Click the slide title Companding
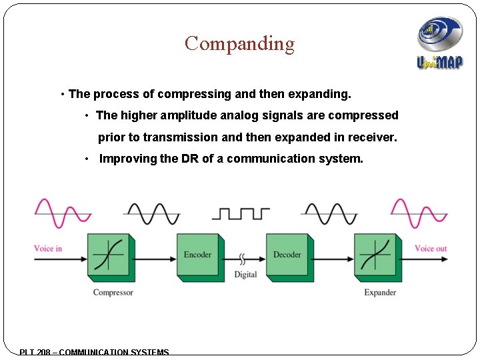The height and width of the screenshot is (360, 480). click(x=239, y=44)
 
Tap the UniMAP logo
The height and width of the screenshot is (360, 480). click(x=439, y=43)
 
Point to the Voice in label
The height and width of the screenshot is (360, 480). click(x=48, y=249)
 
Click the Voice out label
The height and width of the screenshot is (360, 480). click(x=431, y=249)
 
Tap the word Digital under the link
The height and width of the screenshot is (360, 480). click(x=245, y=275)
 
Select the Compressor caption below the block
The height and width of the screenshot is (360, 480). click(x=113, y=293)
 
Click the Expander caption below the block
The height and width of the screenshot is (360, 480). click(x=380, y=293)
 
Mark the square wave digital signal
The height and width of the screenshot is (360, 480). click(x=241, y=213)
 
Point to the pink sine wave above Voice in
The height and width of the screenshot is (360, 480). click(x=63, y=213)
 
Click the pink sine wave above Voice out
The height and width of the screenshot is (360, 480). click(x=419, y=213)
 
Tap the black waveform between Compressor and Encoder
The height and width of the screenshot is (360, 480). click(x=152, y=213)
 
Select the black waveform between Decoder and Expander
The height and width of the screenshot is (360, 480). click(x=329, y=213)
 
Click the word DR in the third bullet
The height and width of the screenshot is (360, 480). click(x=189, y=159)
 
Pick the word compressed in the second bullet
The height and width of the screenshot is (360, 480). click(x=365, y=115)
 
